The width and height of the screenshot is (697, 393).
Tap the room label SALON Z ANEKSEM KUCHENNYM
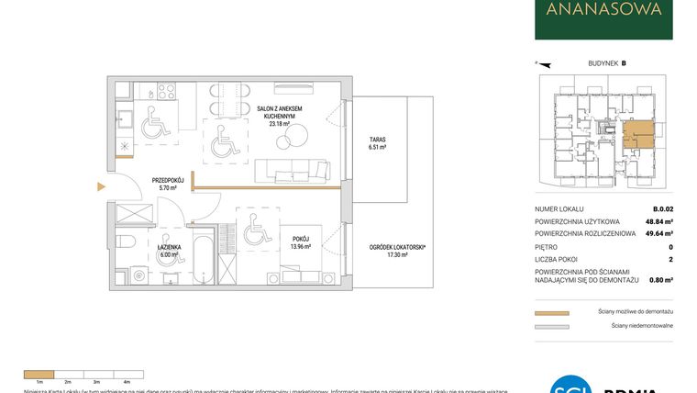(x=280, y=115)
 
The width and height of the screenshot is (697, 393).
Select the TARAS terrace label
(x=377, y=141)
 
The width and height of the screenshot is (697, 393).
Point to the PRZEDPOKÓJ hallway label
(x=143, y=183)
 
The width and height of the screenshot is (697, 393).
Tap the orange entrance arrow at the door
(x=102, y=187)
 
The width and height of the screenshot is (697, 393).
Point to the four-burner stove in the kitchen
(x=166, y=92)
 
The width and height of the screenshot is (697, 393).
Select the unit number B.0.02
(x=662, y=208)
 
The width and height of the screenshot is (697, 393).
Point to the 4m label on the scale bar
(x=127, y=380)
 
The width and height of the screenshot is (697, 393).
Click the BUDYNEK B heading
(x=606, y=63)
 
